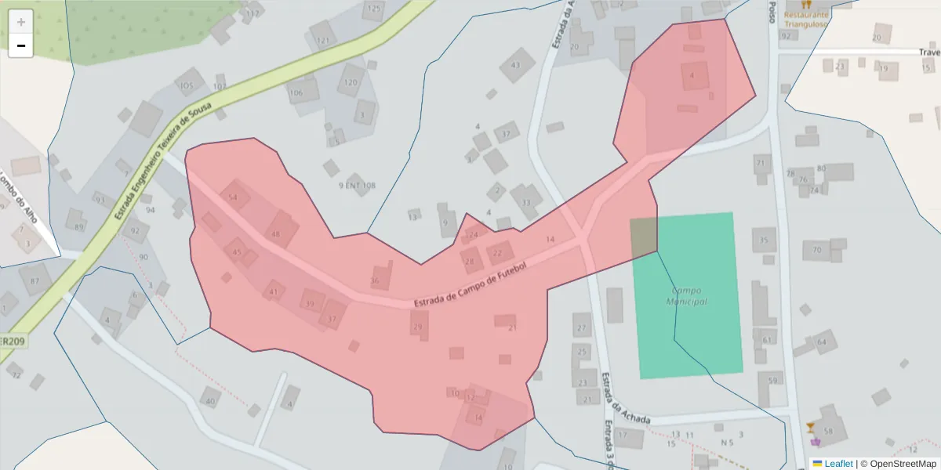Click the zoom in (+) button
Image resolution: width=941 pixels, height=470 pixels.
click(21, 22)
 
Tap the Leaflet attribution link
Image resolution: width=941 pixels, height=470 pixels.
click(832, 464)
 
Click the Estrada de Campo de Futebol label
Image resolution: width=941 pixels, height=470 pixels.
click(468, 286)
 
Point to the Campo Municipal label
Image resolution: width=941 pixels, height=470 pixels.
click(687, 296)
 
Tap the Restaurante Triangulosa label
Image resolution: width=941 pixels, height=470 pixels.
click(806, 19)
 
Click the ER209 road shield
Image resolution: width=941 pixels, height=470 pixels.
click(13, 342)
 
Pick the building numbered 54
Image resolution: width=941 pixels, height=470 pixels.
click(233, 197)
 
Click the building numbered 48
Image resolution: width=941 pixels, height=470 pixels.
click(276, 233)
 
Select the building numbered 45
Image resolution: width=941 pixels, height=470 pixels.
click(238, 251)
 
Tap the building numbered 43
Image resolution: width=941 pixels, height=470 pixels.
click(515, 65)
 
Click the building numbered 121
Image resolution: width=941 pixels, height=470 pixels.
click(322, 40)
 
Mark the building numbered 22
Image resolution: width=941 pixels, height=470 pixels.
click(497, 253)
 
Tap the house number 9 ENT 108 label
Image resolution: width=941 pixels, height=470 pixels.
click(357, 186)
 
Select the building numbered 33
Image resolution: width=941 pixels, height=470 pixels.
click(525, 202)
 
